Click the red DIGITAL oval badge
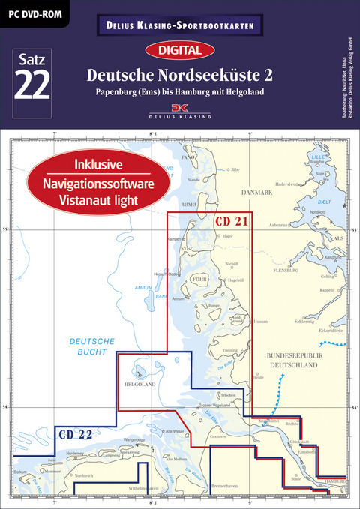(x=179, y=51)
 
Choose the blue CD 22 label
(x=75, y=433)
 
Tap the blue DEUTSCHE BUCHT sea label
(x=91, y=346)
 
